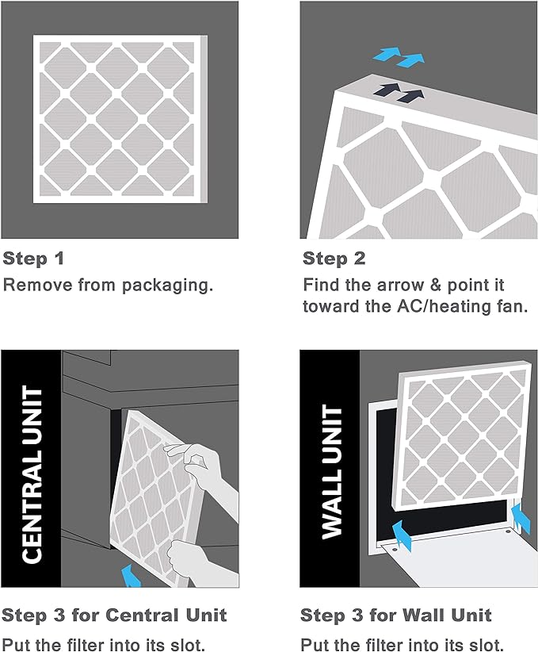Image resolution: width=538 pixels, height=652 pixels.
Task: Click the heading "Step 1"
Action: [x=33, y=259]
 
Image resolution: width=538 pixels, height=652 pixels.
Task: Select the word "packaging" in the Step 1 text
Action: [x=175, y=285]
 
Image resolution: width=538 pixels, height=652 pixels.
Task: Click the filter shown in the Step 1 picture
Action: [x=119, y=117]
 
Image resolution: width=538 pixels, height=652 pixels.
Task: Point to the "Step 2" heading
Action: [x=334, y=259]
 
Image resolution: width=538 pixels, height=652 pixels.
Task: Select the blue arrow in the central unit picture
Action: [x=129, y=574]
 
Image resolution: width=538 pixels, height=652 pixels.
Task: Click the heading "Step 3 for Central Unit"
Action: [x=114, y=615]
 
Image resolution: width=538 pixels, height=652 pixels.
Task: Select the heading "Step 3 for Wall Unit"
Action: [x=396, y=615]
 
